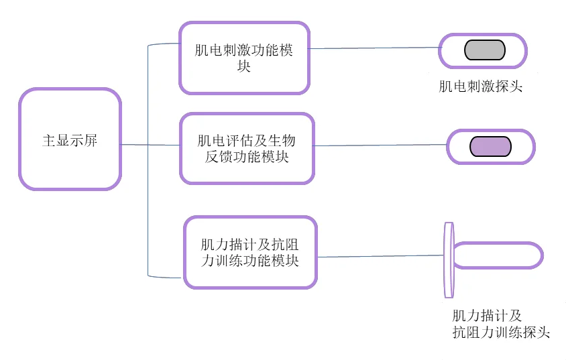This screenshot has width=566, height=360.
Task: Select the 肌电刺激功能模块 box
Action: pos(244,58)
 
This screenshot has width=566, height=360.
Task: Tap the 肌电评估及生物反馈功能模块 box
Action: pos(247,148)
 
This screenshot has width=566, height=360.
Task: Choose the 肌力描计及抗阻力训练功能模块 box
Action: pos(249,252)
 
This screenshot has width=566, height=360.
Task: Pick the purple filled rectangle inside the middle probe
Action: pos(490,146)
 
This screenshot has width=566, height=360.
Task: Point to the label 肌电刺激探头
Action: pos(480,86)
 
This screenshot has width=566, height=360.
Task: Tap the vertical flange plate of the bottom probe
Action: pos(449,259)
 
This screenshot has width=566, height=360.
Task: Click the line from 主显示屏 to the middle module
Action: pos(151,145)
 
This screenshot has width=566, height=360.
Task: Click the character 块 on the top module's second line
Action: pos(244,66)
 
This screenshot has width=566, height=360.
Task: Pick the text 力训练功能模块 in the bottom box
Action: pos(250,261)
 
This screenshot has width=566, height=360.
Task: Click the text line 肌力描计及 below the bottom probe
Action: pos(487,316)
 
